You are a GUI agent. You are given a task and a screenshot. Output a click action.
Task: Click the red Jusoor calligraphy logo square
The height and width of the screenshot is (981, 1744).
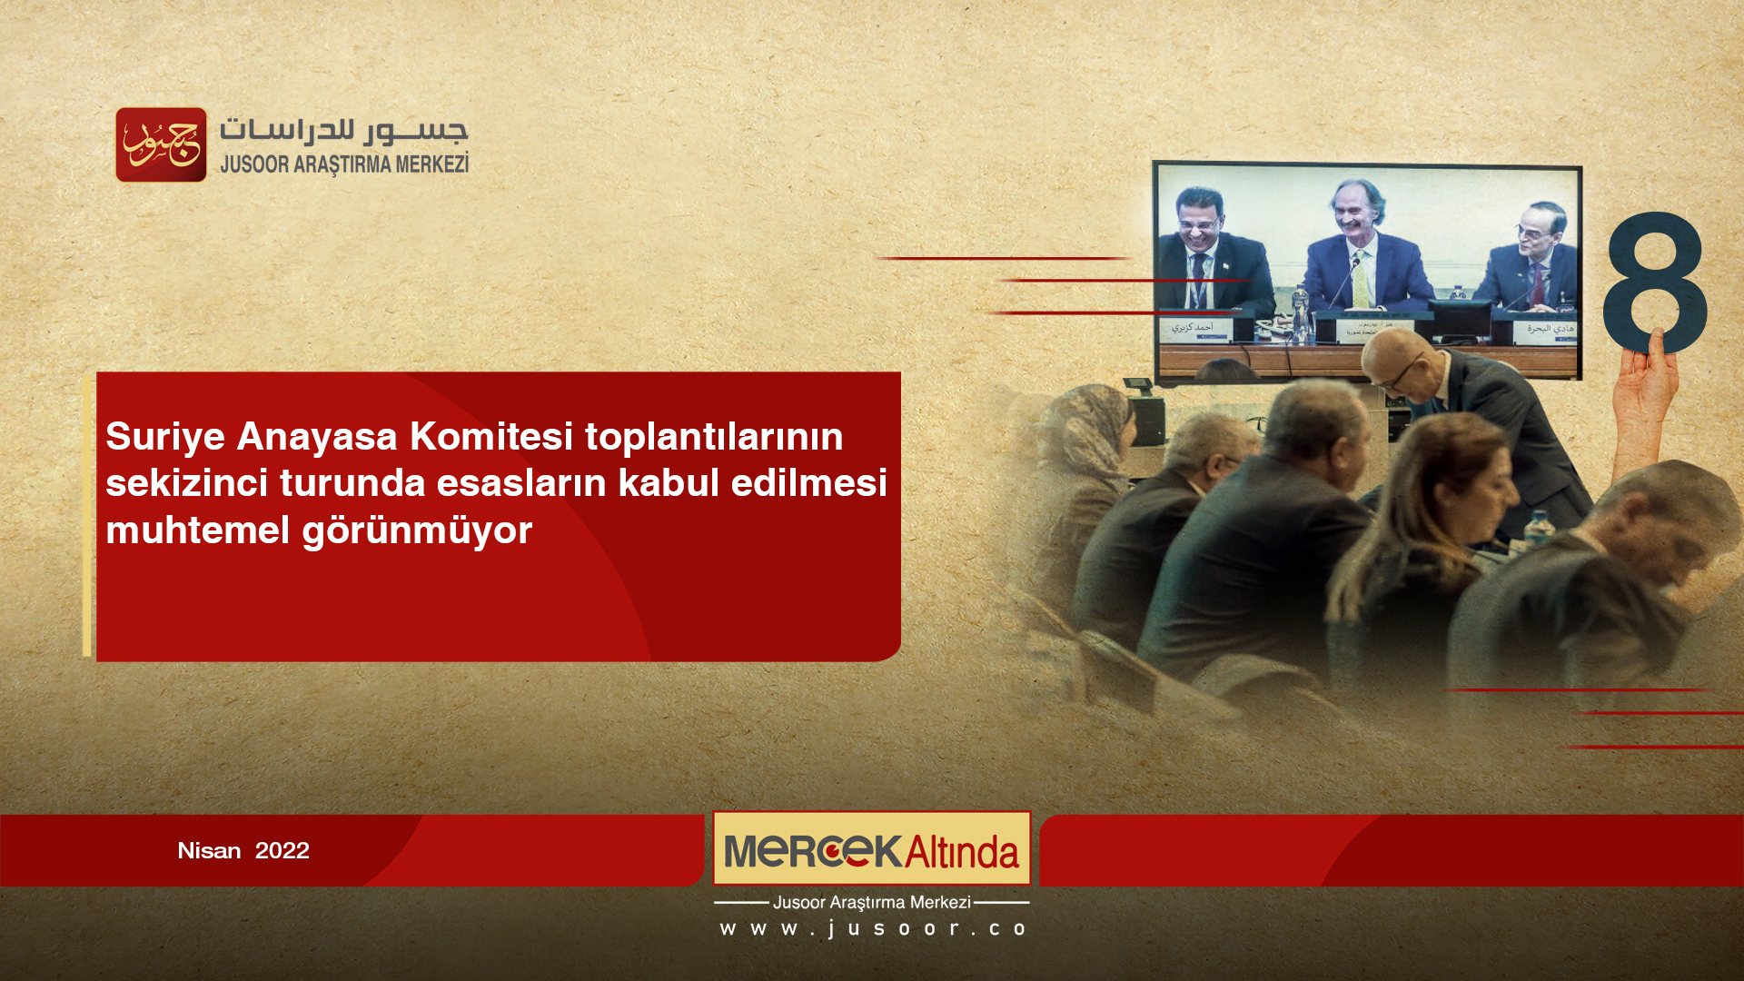pyautogui.click(x=161, y=144)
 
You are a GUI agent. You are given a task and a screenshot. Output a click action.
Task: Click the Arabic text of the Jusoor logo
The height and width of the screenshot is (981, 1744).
pyautogui.click(x=343, y=130)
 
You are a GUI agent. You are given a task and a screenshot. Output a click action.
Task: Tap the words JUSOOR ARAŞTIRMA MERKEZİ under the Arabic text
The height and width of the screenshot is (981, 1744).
pyautogui.click(x=343, y=164)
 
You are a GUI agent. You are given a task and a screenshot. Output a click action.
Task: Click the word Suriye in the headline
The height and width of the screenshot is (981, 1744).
pyautogui.click(x=165, y=437)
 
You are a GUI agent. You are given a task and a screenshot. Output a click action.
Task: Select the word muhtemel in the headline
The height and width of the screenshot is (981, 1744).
pyautogui.click(x=197, y=530)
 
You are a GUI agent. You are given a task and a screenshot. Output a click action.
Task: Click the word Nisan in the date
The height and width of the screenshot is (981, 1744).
pyautogui.click(x=209, y=851)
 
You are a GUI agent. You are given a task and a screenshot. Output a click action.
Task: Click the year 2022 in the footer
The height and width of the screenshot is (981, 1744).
pyautogui.click(x=282, y=851)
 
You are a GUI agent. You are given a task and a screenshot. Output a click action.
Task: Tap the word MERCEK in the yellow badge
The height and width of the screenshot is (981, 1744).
pyautogui.click(x=812, y=851)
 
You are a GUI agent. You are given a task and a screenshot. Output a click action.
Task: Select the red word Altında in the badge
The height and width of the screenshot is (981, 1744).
pyautogui.click(x=962, y=852)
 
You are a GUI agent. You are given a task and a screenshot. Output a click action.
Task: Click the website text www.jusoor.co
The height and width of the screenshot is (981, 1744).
pyautogui.click(x=872, y=929)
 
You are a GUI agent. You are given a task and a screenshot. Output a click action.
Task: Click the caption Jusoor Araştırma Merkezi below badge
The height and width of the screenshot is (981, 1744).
pyautogui.click(x=871, y=903)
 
